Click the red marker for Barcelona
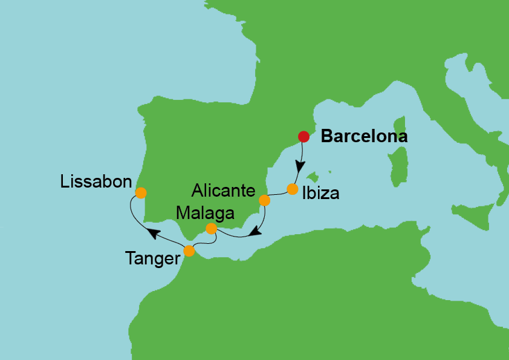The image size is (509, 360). pos(304,137)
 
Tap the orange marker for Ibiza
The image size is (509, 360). pos(293,189)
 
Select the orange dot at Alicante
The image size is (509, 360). pos(264,200)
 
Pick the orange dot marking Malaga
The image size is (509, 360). pos(211,229)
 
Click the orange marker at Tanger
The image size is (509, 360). pos(189,250)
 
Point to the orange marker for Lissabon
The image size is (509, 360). pos(141,193)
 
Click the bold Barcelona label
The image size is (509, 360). pos(364,137)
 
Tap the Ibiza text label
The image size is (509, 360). pos(320,194)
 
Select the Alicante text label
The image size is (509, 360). pos(223,191)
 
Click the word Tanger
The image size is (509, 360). pos(153,259)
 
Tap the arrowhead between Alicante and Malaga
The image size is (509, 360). pos(256,231)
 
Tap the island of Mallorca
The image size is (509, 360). pos(313,177)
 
